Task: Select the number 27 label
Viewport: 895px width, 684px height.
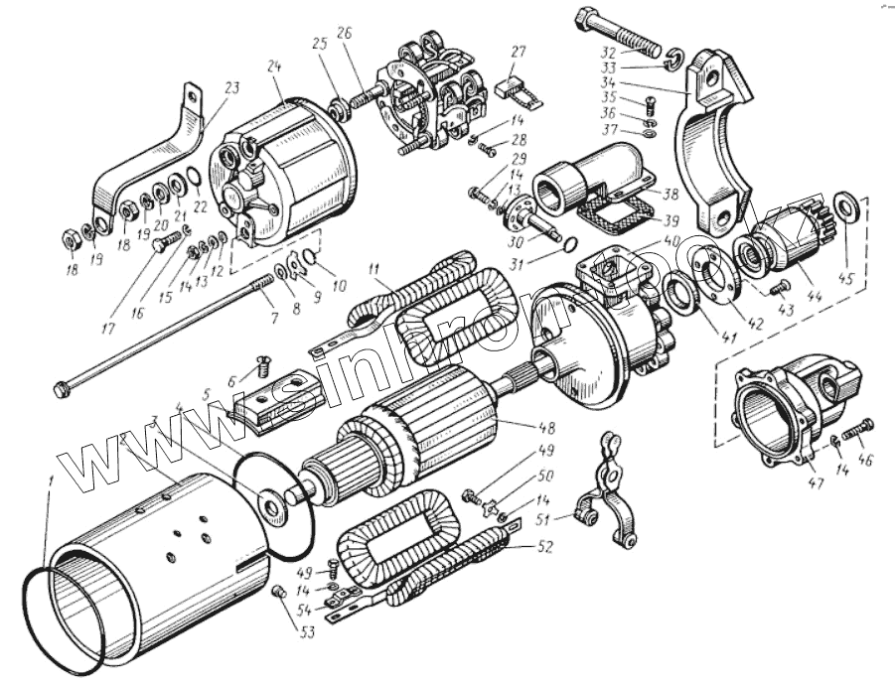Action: (x=518, y=51)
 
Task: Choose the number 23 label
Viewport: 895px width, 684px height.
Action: (x=231, y=88)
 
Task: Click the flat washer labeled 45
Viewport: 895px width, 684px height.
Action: (x=849, y=205)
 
